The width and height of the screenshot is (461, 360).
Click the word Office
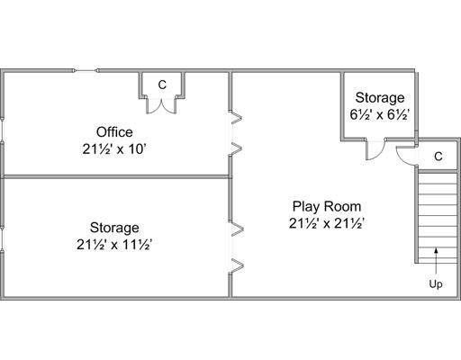pos(114,132)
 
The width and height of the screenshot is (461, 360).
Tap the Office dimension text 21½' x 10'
pos(114,149)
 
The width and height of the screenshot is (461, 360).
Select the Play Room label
pos(327,207)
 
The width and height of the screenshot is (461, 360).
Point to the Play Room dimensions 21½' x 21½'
pos(327,223)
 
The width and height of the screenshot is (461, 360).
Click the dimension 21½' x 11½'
pos(114,245)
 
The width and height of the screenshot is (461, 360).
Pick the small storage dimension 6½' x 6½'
pos(380,114)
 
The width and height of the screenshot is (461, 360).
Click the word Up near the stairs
pos(436,284)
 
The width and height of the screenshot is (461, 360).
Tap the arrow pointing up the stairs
pos(436,261)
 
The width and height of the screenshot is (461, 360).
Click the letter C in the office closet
pos(162,85)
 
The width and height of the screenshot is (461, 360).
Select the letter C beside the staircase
pos(438,157)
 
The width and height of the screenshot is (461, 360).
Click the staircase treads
pos(438,218)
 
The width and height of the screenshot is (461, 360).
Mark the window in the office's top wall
pos(86,71)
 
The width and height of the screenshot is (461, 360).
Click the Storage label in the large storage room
pos(114,228)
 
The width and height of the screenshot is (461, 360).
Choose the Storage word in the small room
pos(380,98)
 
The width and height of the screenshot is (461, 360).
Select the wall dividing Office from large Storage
pos(116,177)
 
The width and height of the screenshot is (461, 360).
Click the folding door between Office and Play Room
pos(235,133)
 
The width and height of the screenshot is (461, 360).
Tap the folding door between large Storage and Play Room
pos(236,247)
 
